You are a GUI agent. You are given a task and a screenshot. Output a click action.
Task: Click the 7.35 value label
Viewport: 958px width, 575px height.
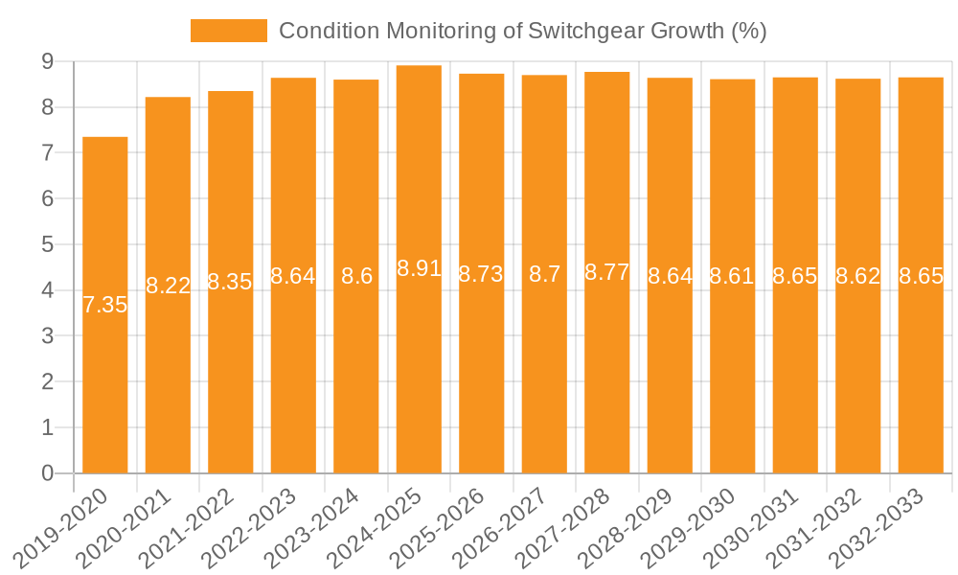point(105,306)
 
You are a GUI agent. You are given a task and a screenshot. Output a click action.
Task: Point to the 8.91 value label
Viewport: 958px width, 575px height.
point(419,268)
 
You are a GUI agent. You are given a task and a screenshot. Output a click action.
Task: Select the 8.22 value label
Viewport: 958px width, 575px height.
point(168,286)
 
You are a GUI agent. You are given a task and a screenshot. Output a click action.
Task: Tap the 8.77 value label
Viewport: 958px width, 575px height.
point(607,272)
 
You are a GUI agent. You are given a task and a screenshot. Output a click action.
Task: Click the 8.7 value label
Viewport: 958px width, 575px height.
point(544,274)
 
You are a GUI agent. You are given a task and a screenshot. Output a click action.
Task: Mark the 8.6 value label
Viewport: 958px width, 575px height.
point(356,276)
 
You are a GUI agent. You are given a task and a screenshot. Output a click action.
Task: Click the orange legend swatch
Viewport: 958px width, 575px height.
point(229,31)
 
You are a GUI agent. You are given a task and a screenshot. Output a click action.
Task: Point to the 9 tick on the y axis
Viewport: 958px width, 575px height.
point(47,61)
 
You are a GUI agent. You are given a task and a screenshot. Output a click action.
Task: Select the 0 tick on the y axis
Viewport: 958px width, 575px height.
point(47,473)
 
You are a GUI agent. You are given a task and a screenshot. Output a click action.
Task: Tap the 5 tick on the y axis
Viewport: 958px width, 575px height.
point(47,244)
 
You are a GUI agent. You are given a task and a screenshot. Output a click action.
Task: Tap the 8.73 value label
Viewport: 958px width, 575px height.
point(481,274)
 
